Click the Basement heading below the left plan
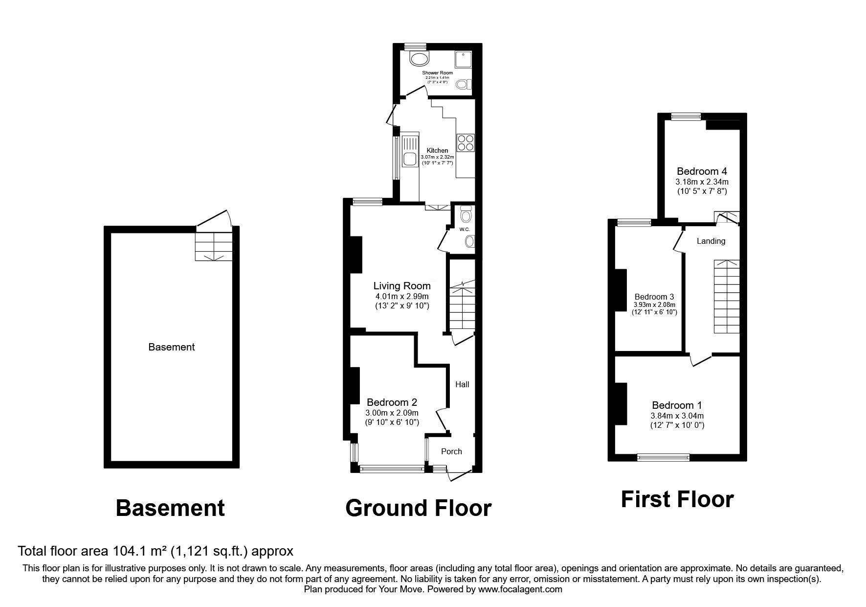pyautogui.click(x=170, y=508)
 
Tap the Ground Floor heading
pyautogui.click(x=418, y=508)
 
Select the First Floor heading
pyautogui.click(x=677, y=500)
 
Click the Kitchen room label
pyautogui.click(x=437, y=150)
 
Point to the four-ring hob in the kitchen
pyautogui.click(x=466, y=142)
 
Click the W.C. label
pyautogui.click(x=464, y=229)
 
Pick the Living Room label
pyautogui.click(x=402, y=286)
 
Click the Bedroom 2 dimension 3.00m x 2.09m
pyautogui.click(x=392, y=413)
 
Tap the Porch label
pyautogui.click(x=451, y=451)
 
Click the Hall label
pyautogui.click(x=462, y=384)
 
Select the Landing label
pyautogui.click(x=711, y=241)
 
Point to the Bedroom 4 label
pyautogui.click(x=702, y=171)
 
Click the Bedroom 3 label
pyautogui.click(x=654, y=297)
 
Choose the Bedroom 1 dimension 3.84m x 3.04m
pyautogui.click(x=677, y=416)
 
